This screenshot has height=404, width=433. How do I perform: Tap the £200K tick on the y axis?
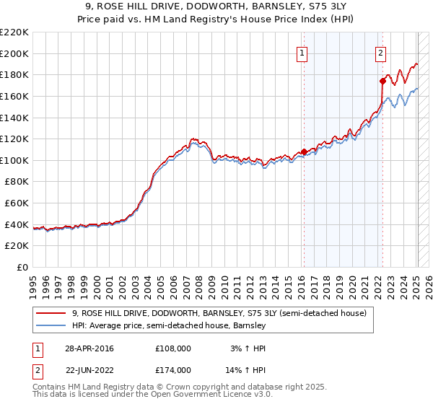(x=14, y=53)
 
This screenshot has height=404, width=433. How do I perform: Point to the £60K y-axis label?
(x=17, y=203)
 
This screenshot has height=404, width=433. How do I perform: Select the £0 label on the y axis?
(x=22, y=268)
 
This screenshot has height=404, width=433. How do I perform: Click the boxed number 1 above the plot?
(x=301, y=52)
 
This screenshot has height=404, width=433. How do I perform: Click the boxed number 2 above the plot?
(x=380, y=52)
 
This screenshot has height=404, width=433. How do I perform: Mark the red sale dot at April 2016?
(x=304, y=151)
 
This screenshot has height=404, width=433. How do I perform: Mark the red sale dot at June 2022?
(x=382, y=81)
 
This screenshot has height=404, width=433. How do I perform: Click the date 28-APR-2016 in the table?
(x=88, y=348)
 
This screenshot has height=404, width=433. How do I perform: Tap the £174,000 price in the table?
(x=172, y=369)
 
